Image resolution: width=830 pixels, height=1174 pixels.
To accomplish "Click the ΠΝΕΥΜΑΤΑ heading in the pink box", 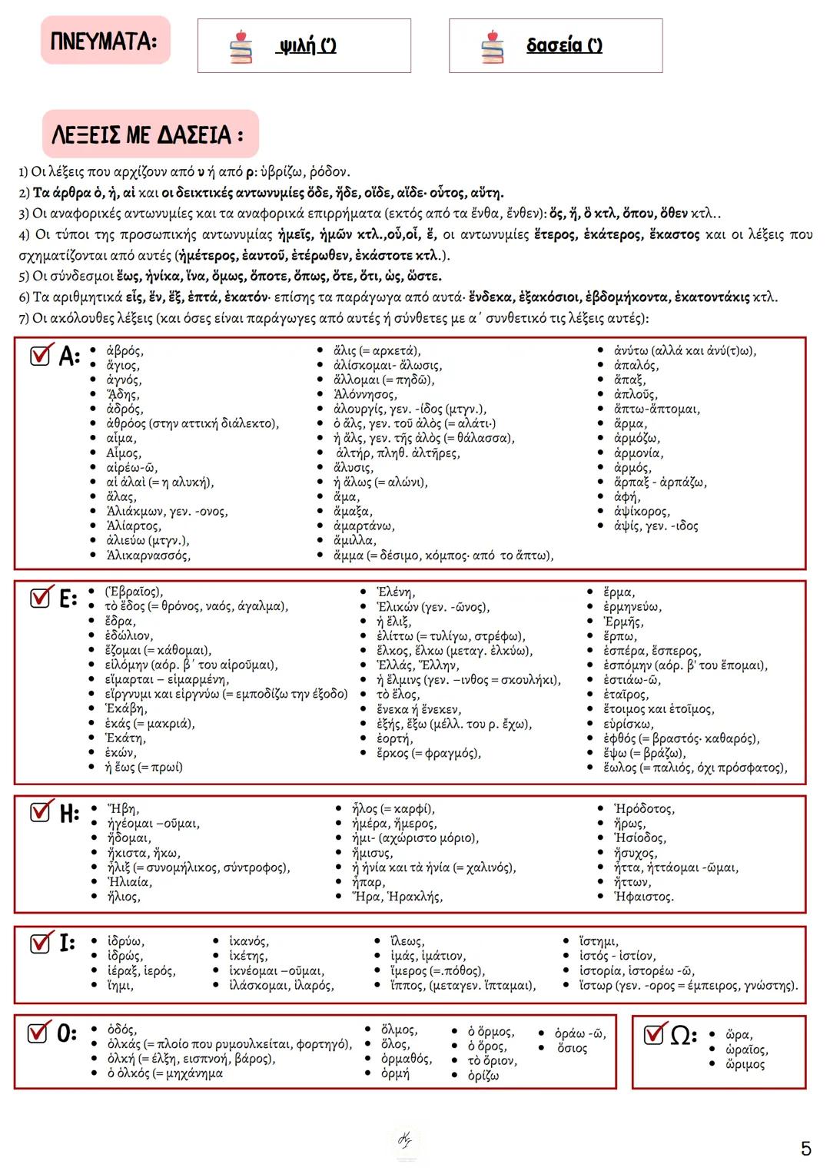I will coord(105,40).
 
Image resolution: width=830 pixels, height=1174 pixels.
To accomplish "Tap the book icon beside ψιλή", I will coord(241,47).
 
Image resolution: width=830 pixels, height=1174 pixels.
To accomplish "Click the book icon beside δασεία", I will coord(493,47).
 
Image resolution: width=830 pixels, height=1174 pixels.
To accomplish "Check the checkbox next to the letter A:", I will coord(41,354).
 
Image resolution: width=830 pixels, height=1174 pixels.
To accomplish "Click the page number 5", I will coord(805,1149).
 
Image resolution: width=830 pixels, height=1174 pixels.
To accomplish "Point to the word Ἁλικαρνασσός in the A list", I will coord(148,555).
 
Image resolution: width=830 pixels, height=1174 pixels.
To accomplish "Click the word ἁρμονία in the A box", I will coord(638,453).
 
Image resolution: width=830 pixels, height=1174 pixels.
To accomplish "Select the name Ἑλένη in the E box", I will coord(396,592).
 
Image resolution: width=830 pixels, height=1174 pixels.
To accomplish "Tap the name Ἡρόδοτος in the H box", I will coord(644,808).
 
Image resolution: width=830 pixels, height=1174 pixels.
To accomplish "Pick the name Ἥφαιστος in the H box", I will coord(643,896).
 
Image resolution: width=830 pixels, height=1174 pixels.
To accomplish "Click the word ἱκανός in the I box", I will coord(249,941).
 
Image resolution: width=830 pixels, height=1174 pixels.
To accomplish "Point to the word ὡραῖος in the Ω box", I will coord(746,1050).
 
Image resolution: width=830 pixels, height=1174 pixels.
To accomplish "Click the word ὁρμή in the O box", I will coord(395,1073).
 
